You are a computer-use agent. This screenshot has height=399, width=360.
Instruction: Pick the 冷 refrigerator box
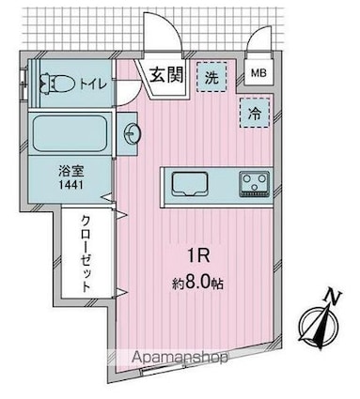pos(255,112)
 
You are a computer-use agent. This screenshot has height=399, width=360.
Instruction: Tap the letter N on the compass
pos(336,299)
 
